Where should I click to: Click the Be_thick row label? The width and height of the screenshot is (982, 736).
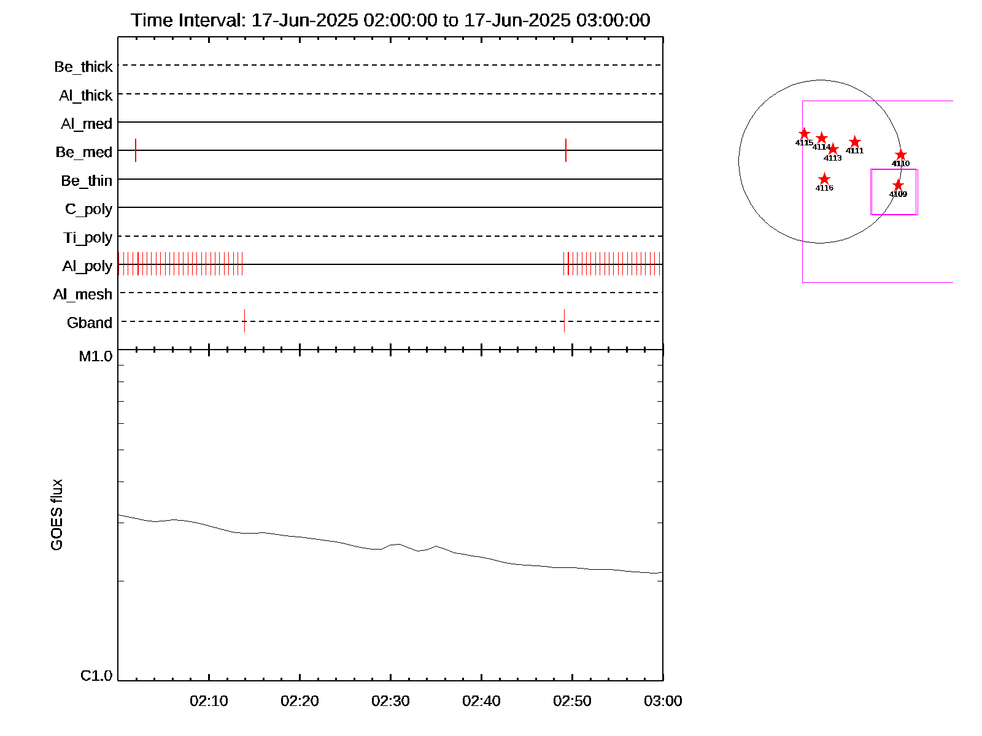[x=83, y=67]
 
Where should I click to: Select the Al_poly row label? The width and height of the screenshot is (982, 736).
[x=87, y=266]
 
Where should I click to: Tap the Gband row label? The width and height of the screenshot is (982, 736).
[x=90, y=323]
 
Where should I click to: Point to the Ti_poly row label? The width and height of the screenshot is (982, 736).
[x=88, y=238]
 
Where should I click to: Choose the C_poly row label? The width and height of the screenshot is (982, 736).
[x=88, y=209]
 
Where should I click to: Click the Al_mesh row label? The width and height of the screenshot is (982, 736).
[x=83, y=295]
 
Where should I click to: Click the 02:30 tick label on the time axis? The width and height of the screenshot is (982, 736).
[x=390, y=701]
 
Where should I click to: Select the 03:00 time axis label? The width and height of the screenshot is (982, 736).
[x=663, y=701]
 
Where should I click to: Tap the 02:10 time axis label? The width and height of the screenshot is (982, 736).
[x=209, y=701]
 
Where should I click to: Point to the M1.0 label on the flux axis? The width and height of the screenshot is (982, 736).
[x=96, y=356]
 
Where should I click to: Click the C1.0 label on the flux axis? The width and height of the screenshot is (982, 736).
[x=96, y=676]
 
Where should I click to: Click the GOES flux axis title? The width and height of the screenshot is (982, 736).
[x=56, y=515]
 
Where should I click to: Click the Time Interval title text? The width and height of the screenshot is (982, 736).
[x=390, y=20]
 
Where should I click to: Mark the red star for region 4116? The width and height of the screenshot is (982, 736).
[x=824, y=179]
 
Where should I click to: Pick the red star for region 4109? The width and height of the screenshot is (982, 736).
[x=898, y=185]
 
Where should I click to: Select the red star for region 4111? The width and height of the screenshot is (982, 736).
[x=854, y=142]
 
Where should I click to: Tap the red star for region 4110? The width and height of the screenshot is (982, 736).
[x=900, y=155]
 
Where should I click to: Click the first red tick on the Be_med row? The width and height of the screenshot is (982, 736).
[x=136, y=150]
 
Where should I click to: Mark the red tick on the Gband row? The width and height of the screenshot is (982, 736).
[x=244, y=321]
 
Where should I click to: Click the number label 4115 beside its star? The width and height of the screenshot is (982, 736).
[x=804, y=143]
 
